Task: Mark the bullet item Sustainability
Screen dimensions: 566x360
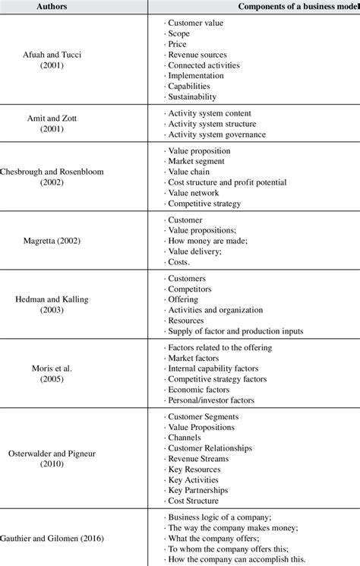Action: tap(192, 96)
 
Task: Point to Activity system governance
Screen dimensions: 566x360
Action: tap(216, 134)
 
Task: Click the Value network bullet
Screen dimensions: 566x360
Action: tap(194, 193)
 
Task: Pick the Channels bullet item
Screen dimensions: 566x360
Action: tap(187, 438)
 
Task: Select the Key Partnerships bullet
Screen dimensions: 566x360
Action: tap(203, 490)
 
